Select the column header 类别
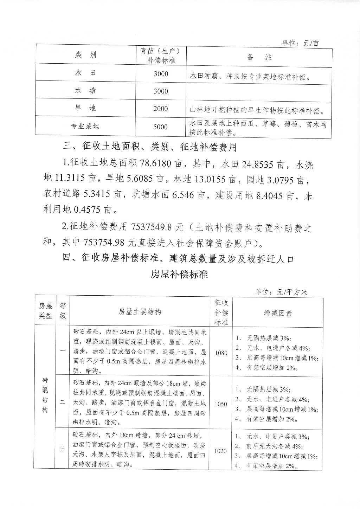85,55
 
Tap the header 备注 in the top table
259,57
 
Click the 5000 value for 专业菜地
161,127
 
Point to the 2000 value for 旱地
161,109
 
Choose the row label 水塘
85,91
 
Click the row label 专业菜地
85,126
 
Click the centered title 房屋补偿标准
179,274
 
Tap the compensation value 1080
221,353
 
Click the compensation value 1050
221,404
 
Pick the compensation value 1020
221,451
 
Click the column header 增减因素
278,313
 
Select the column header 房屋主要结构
140,312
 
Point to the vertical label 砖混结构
45,395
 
